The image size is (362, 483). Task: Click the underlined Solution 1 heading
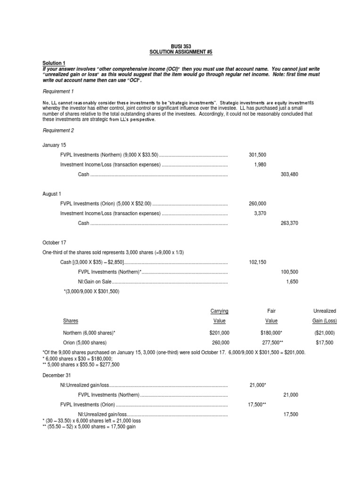click(x=54, y=63)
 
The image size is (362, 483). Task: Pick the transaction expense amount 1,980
click(x=259, y=165)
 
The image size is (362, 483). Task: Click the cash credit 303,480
click(x=289, y=175)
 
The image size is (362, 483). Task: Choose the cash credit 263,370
click(x=289, y=223)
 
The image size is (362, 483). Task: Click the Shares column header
click(x=71, y=321)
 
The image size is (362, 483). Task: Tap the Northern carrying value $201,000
click(x=219, y=333)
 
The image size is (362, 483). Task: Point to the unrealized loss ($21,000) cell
click(x=325, y=333)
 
